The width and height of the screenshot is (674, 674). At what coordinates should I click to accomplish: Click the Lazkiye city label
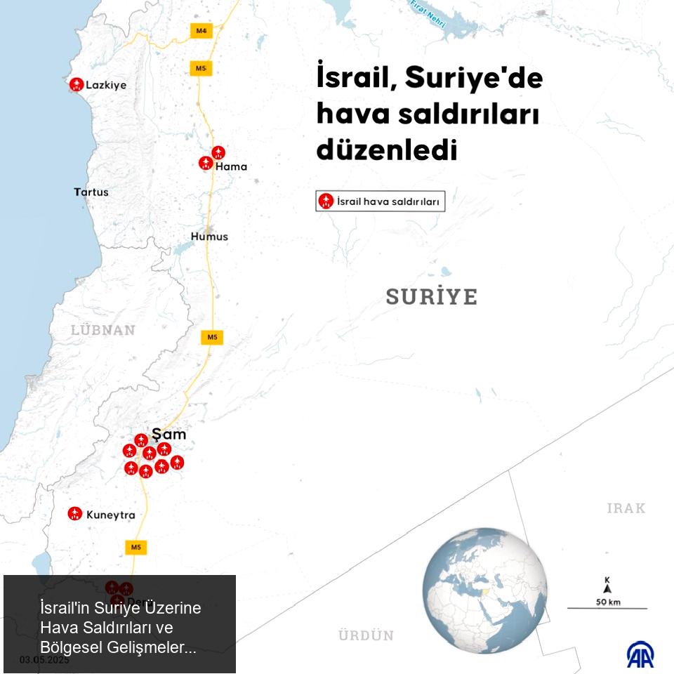point(106,85)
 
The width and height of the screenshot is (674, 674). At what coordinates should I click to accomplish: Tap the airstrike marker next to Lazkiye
point(77,84)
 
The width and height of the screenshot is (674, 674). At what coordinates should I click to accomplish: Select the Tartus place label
point(91,192)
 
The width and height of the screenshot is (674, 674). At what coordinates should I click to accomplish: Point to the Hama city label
point(231,167)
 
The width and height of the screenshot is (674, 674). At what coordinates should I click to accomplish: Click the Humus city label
point(209,237)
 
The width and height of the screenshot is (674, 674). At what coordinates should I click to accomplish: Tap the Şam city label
point(169,435)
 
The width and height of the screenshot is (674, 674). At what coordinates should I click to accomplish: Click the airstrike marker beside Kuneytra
point(74,514)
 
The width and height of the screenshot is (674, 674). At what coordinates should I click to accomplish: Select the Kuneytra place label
point(110,515)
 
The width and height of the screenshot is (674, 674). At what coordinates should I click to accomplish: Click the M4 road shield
point(201,30)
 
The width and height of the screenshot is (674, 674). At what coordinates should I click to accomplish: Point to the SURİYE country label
point(431,297)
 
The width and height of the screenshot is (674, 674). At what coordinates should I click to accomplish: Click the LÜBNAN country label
point(103,330)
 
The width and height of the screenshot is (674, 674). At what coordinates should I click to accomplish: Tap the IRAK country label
point(626,508)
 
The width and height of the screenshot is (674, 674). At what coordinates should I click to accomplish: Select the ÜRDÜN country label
point(366,635)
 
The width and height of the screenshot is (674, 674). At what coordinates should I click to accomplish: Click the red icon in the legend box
point(325,201)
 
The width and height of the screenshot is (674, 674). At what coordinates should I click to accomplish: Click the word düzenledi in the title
point(387,150)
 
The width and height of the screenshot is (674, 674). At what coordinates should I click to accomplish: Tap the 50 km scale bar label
point(608,602)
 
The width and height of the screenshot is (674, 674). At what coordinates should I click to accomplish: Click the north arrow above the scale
point(607,586)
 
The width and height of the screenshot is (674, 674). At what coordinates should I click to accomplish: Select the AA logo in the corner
point(640,654)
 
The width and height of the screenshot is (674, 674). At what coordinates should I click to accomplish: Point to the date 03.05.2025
point(44,660)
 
